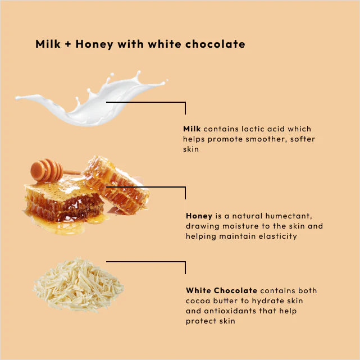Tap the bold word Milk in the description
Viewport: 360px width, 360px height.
point(192,129)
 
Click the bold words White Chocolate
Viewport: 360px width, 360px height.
point(221,290)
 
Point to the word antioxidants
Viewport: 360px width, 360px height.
point(229,311)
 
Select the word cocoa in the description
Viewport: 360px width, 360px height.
point(197,301)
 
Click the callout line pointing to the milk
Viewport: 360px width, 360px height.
point(146,102)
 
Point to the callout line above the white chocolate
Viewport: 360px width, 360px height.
point(146,262)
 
